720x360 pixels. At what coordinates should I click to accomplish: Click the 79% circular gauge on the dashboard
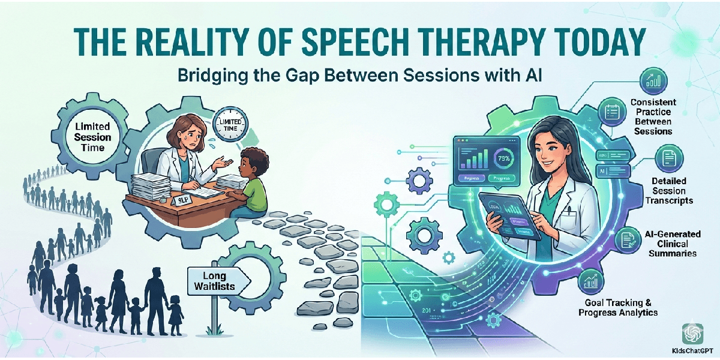pos(501,159)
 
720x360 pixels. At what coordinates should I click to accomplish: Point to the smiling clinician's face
pos(548,143)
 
